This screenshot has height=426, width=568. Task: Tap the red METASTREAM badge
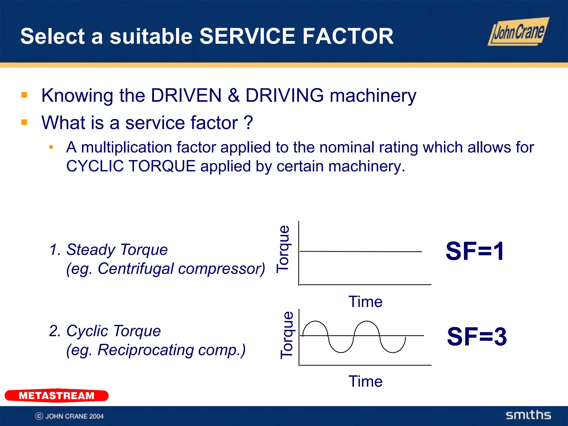click(57, 395)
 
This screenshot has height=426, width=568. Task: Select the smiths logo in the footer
click(528, 415)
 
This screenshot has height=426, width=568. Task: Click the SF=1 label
click(475, 251)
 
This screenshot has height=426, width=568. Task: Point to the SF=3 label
click(477, 336)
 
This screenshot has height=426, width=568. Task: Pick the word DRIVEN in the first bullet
click(186, 95)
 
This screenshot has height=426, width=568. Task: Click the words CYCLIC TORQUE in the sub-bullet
click(131, 166)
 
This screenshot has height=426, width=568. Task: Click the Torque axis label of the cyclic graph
click(287, 335)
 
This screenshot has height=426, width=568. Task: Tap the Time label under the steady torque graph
click(365, 301)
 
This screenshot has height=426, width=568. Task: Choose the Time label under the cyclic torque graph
click(365, 381)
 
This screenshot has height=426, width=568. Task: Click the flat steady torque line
click(361, 252)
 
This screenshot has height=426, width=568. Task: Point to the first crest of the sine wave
click(315, 321)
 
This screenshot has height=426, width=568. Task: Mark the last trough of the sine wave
click(393, 352)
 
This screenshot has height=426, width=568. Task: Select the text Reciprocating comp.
click(171, 350)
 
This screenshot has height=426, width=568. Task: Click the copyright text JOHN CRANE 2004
click(74, 416)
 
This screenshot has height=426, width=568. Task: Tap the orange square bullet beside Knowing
click(24, 95)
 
